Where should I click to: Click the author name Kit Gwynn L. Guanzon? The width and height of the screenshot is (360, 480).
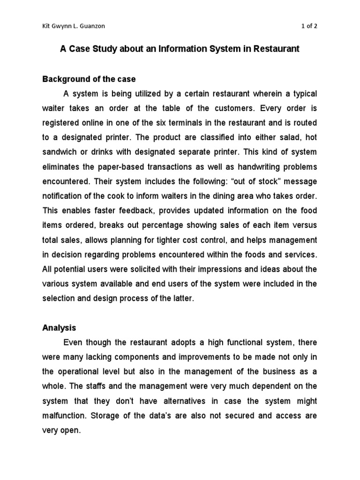[74, 26]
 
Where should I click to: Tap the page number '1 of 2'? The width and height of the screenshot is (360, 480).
[309, 26]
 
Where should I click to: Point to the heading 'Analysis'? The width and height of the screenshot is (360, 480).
[59, 328]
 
